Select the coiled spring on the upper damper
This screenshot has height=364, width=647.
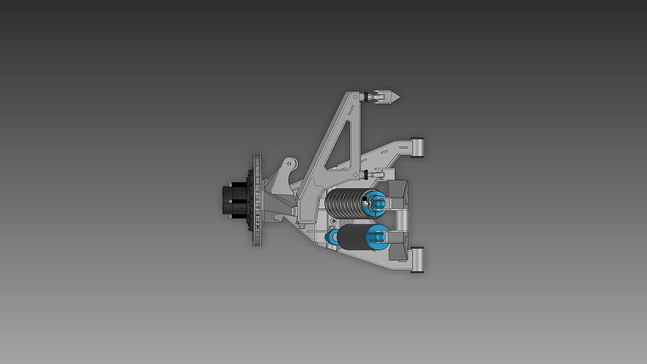(347, 201)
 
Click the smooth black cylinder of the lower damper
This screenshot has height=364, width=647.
(353, 238)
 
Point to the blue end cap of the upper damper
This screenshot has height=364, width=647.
(376, 201)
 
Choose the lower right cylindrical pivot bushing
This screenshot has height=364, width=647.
(416, 259)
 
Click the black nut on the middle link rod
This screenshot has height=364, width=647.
(365, 174)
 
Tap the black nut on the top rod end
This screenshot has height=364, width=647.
(366, 96)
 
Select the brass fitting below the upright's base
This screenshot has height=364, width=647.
(303, 227)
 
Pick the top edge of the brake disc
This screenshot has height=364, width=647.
(257, 156)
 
